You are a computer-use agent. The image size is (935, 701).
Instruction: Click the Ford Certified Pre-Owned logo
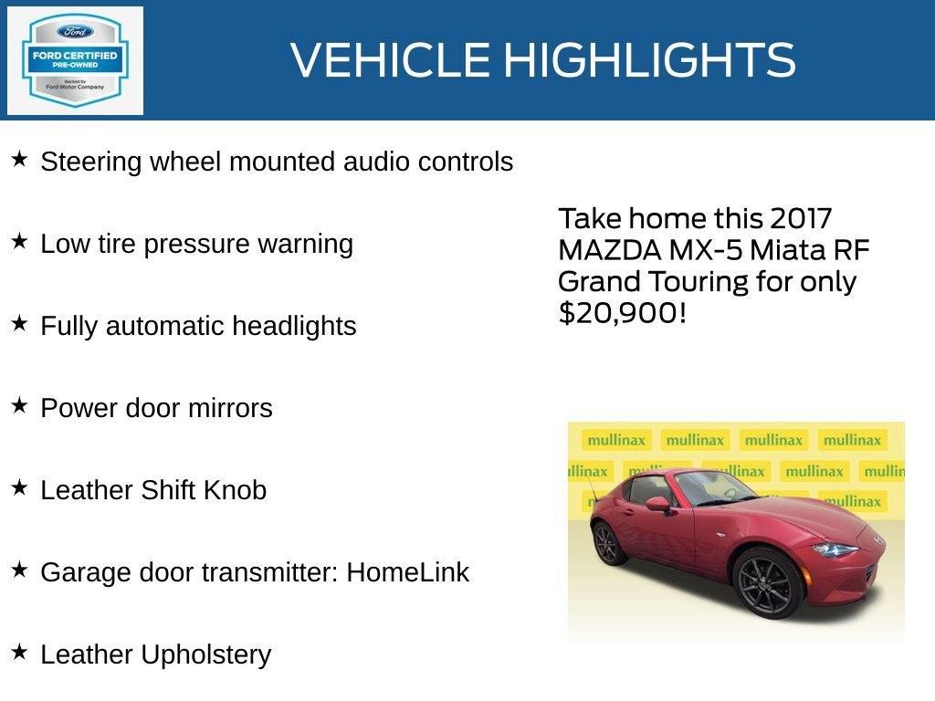(x=75, y=60)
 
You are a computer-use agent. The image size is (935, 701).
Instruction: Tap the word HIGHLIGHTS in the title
(x=649, y=60)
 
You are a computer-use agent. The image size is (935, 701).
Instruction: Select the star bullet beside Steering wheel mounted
(x=19, y=160)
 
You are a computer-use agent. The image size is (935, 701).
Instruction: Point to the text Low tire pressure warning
(x=196, y=244)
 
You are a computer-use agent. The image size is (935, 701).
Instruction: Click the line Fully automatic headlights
(x=198, y=326)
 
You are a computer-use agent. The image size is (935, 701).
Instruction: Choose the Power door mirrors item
(x=156, y=408)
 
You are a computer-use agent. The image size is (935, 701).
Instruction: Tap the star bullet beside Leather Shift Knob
(x=19, y=488)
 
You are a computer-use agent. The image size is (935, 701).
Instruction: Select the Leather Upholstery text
(x=156, y=654)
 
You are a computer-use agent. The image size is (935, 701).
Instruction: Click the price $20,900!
(x=622, y=312)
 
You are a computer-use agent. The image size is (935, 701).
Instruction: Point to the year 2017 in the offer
(x=801, y=219)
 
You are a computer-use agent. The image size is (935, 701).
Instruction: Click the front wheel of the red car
(x=766, y=581)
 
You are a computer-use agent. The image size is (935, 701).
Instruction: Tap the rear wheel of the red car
(x=609, y=542)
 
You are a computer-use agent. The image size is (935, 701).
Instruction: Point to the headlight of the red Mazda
(x=835, y=550)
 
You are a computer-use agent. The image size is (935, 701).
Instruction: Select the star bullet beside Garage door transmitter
(x=19, y=570)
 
